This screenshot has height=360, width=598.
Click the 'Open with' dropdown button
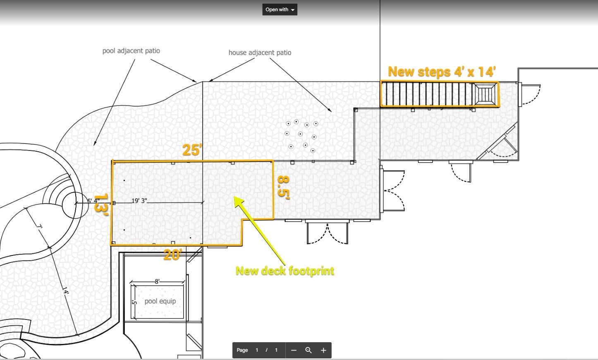[280, 10]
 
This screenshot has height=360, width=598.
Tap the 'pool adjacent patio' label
[131, 51]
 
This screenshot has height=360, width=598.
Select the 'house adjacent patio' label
[260, 52]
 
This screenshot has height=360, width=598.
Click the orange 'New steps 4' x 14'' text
[442, 72]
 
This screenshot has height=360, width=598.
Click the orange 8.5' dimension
[284, 187]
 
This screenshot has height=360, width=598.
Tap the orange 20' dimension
[173, 255]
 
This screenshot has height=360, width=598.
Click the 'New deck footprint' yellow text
[285, 271]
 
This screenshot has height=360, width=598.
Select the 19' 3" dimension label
[139, 201]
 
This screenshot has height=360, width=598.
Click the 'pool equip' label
[160, 301]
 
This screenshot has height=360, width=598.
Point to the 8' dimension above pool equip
[157, 281]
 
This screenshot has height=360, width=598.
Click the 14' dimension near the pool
[66, 290]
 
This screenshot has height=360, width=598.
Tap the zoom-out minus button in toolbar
[294, 350]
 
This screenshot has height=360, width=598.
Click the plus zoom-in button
[323, 350]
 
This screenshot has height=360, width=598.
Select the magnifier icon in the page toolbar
[309, 350]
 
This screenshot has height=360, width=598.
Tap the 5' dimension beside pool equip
[134, 302]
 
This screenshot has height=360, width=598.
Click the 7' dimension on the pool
[39, 227]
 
